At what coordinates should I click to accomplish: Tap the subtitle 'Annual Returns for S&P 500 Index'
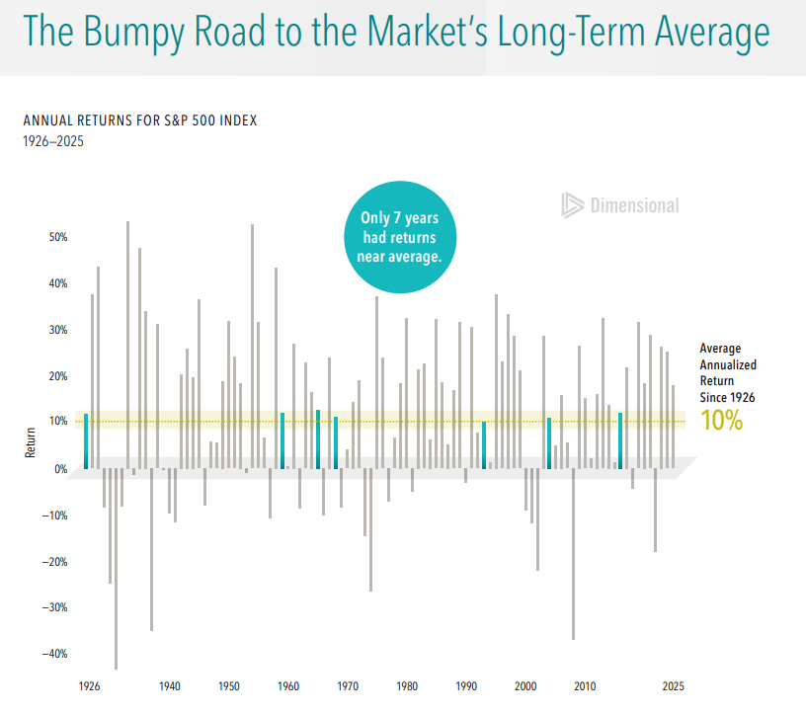(140, 120)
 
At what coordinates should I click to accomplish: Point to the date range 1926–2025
(53, 141)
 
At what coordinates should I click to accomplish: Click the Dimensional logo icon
(572, 204)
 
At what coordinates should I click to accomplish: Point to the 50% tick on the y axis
(56, 237)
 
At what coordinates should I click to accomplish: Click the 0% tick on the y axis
(60, 469)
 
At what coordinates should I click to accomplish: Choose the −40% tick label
(53, 654)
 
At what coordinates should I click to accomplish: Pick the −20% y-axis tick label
(53, 561)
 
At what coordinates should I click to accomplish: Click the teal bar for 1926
(86, 441)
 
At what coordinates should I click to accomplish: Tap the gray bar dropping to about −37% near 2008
(573, 553)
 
